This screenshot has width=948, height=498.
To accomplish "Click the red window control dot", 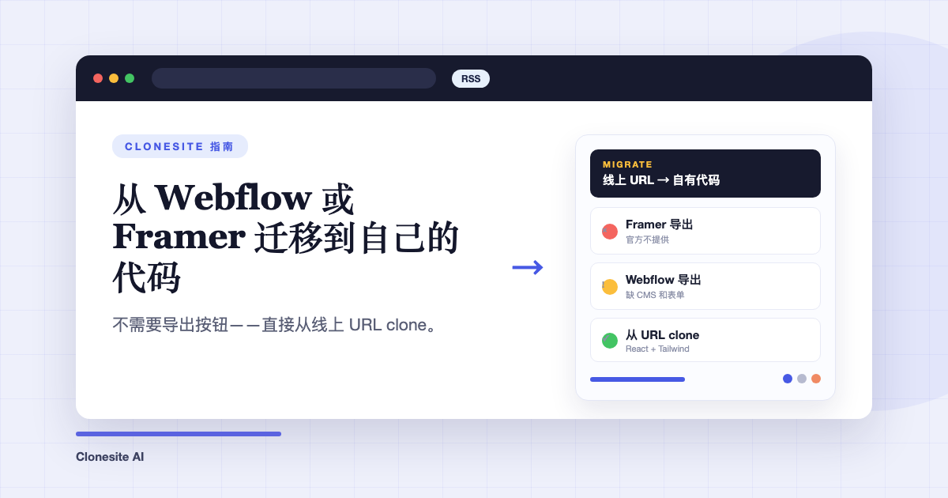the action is [x=98, y=78].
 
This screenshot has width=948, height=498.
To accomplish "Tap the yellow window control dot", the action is [x=114, y=78].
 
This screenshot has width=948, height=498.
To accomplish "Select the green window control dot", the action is [x=130, y=78].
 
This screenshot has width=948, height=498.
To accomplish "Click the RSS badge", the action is [x=471, y=79].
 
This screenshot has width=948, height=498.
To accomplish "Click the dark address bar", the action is [x=294, y=78].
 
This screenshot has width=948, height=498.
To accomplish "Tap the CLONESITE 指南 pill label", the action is [x=180, y=146].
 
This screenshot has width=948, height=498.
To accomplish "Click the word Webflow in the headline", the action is [x=234, y=198].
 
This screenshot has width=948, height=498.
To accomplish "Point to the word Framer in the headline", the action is [x=179, y=236].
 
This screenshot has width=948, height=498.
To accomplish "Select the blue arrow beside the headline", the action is [x=528, y=267].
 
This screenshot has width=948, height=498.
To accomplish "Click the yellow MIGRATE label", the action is [x=627, y=164].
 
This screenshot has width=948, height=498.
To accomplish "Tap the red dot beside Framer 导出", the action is [x=610, y=231].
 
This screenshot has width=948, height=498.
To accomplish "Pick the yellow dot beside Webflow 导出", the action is [x=610, y=287].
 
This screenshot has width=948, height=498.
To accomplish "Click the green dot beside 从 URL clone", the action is [x=610, y=341].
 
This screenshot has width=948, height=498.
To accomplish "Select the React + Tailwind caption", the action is [x=657, y=349].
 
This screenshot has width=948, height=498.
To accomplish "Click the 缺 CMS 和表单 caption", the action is [x=655, y=295].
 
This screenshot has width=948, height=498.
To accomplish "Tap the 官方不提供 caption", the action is [x=647, y=240].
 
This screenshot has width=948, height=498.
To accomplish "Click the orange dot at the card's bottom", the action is [x=816, y=379].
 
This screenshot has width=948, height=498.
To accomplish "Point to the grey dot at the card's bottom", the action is [x=802, y=379].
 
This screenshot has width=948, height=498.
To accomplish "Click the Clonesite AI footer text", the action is [x=110, y=457].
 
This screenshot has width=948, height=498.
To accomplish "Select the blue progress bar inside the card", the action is [x=638, y=379].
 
